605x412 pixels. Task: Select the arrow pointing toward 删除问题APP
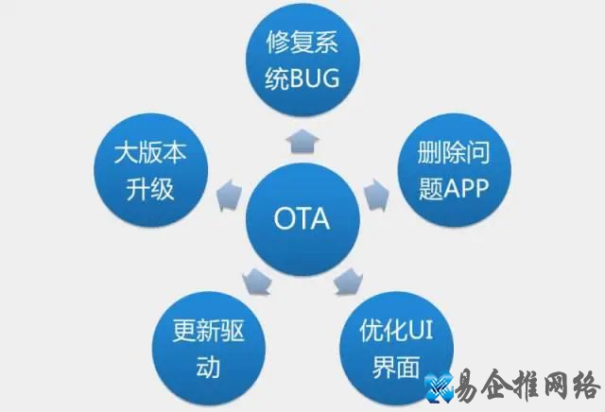point(376,193)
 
